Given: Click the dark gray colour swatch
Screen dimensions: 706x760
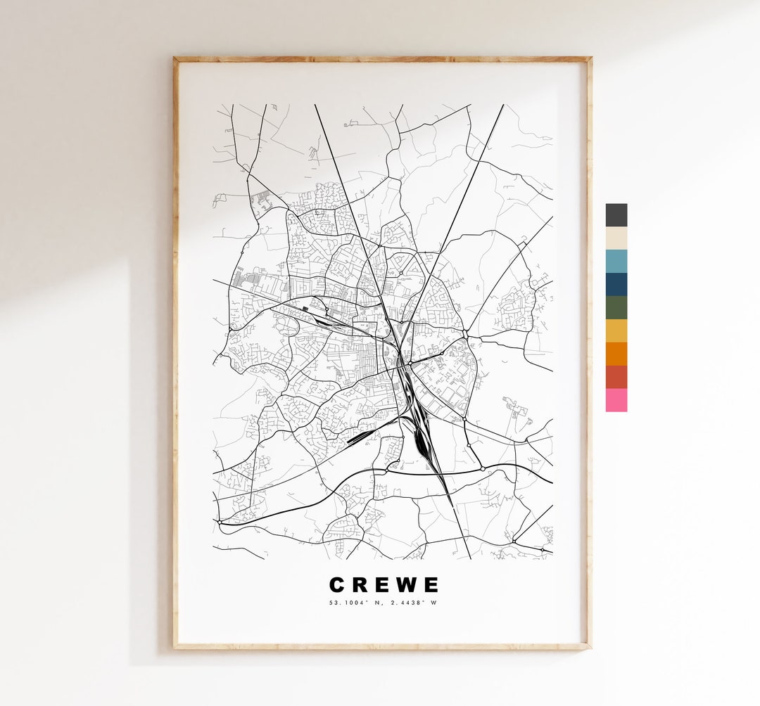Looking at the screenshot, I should click(616, 215).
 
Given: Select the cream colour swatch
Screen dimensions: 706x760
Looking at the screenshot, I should click(616, 238).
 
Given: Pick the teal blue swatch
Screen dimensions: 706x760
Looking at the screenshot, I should click(616, 261).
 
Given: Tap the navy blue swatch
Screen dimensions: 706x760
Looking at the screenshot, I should click(616, 284).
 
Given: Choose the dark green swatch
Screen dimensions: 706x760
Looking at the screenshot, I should click(616, 307).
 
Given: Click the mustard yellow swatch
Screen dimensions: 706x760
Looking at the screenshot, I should click(616, 330).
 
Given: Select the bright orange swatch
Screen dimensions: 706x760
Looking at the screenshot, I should click(616, 354).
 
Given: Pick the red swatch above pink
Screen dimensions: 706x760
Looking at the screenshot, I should click(616, 377).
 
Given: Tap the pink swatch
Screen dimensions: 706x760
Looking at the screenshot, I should click(616, 400).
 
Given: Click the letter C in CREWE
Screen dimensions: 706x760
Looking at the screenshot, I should click(337, 585).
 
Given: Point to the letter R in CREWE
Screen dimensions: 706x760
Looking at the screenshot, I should click(360, 585).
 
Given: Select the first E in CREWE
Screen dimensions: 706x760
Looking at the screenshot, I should click(382, 585).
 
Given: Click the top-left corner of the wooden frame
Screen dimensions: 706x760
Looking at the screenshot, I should click(175, 59).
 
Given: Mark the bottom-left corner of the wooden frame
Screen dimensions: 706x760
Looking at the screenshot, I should click(175, 647).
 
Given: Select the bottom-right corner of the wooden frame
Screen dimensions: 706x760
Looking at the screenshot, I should click(590, 647).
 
